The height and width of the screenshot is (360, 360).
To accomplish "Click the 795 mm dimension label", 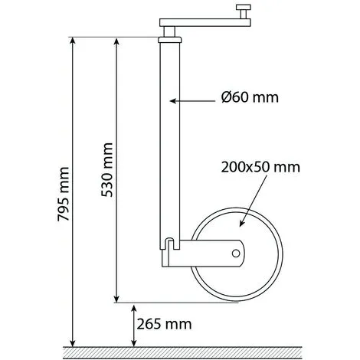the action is (63, 194).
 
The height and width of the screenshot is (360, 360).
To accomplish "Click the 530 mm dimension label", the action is (106, 170).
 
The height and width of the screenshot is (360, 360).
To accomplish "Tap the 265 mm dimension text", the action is (164, 324).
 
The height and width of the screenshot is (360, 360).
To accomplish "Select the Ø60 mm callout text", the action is (250, 97).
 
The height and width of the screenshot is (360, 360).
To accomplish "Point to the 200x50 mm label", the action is (260, 167).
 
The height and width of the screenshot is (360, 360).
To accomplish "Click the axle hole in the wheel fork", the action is (236, 254).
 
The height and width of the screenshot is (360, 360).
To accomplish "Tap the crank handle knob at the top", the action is (244, 11).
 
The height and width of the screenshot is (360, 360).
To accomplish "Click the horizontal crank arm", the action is (205, 22).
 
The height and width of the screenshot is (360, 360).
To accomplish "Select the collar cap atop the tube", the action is (170, 40).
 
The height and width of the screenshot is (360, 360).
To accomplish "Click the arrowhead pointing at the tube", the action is (174, 101).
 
